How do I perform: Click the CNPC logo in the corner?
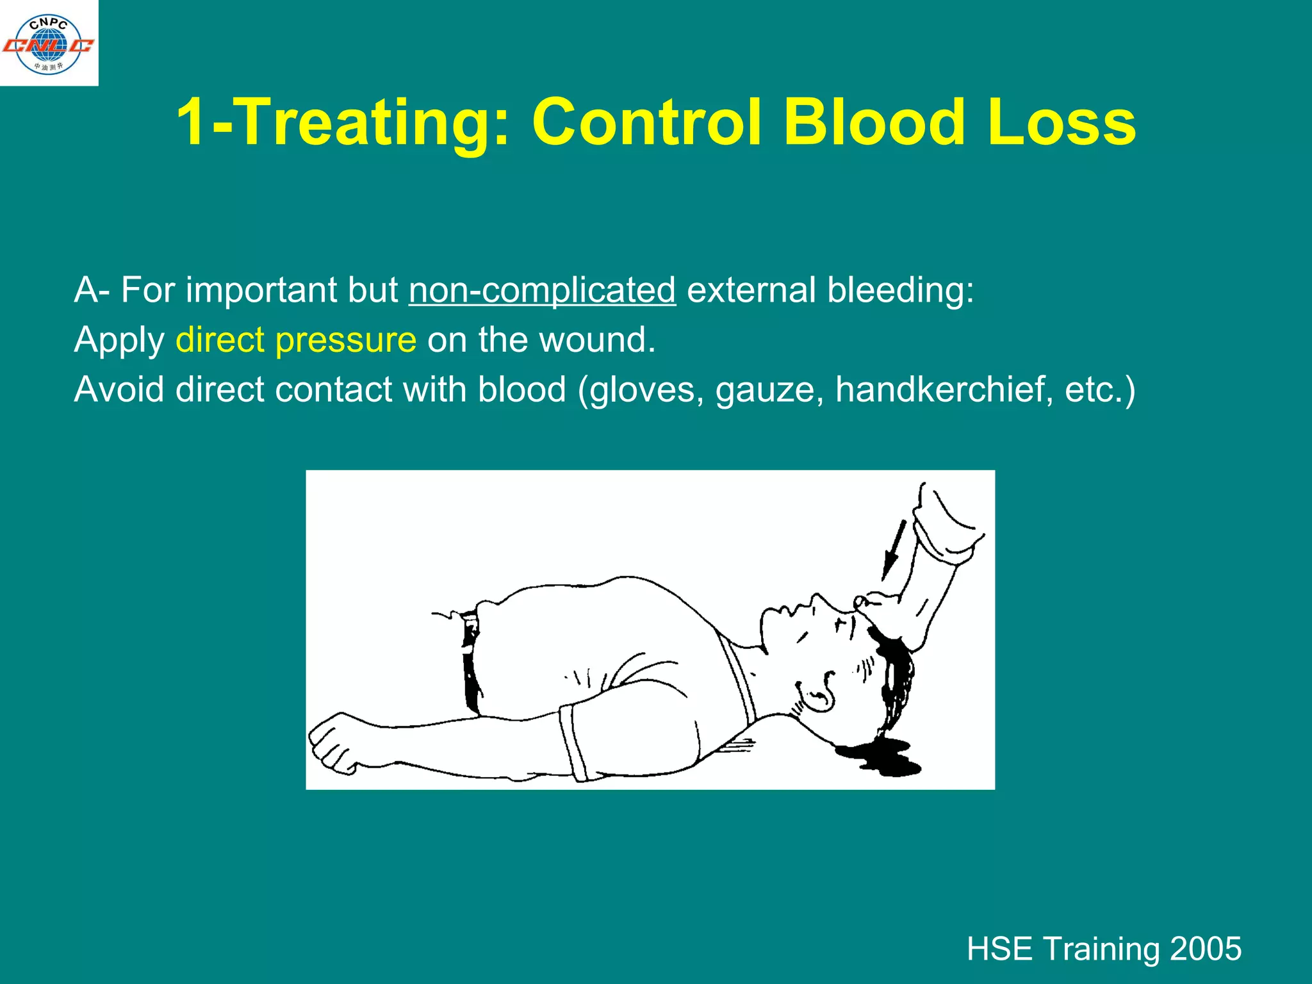point(49,44)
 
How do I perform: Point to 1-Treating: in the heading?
point(343,123)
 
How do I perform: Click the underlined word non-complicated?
point(542,290)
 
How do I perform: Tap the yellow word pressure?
point(346,341)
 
